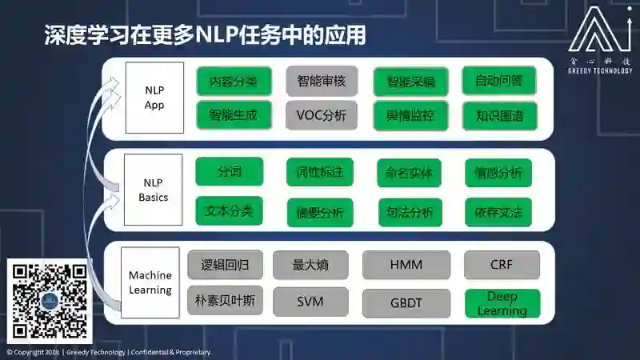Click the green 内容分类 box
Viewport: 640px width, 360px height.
pos(234,81)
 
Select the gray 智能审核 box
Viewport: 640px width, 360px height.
pos(321,81)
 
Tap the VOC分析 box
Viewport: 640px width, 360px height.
pos(321,115)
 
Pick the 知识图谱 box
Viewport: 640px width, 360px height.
pos(499,115)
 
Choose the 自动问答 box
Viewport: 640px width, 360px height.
pos(499,81)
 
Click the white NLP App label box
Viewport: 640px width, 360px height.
pos(154,98)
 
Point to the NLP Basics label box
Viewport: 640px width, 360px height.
pos(154,190)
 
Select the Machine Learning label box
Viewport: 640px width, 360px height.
pos(150,282)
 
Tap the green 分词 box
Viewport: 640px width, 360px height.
pos(229,171)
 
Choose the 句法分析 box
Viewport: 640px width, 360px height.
pos(409,212)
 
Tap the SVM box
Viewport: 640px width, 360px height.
pos(310,302)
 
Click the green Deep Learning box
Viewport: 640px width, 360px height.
pos(502,303)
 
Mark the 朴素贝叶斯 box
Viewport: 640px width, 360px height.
pos(225,301)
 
